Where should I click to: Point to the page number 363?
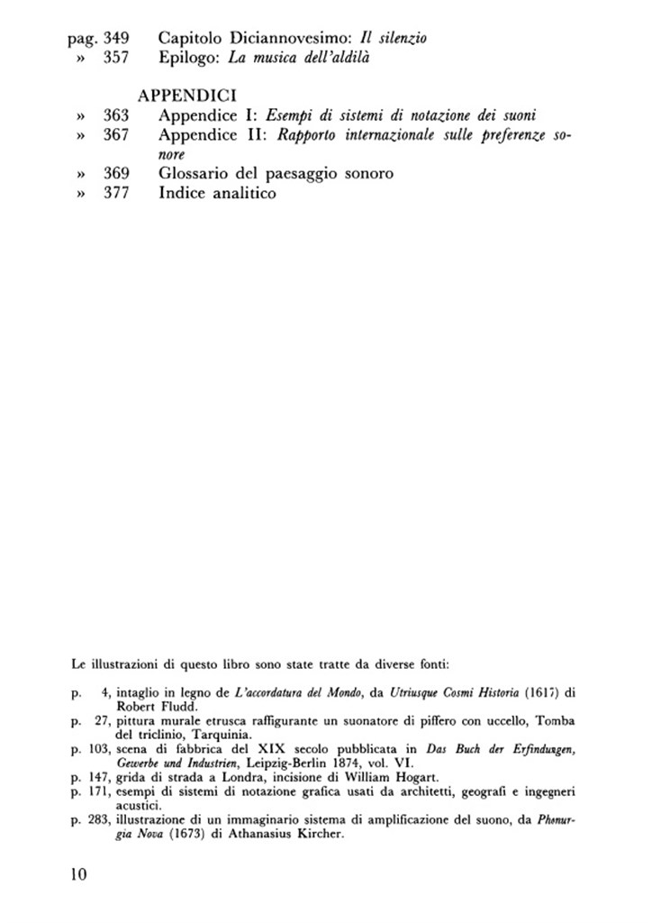tap(117, 115)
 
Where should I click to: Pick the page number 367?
tap(117, 135)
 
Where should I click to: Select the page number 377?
tap(117, 193)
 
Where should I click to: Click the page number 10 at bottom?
tap(78, 875)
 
